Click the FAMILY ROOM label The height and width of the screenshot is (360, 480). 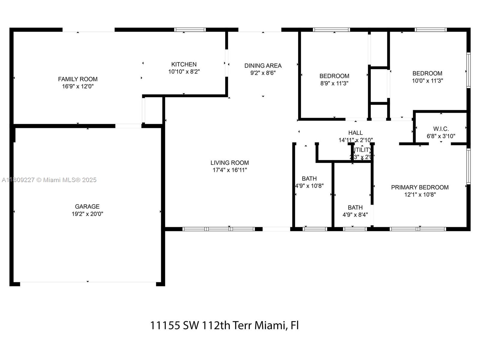click(78, 79)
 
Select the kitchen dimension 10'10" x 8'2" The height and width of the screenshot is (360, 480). click(184, 72)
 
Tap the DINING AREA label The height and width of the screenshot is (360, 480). click(263, 65)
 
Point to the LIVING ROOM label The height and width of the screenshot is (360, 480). click(229, 163)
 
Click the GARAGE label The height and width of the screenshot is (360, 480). click(87, 206)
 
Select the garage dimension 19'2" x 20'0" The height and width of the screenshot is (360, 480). click(87, 214)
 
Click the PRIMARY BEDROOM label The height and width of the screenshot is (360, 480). click(420, 187)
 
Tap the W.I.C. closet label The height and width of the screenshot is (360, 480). click(441, 129)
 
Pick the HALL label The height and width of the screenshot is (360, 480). click(355, 133)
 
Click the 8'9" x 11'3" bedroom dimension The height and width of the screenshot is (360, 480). click(334, 83)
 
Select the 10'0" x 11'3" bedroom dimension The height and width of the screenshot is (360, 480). click(427, 81)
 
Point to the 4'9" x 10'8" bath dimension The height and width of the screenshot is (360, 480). click(309, 186)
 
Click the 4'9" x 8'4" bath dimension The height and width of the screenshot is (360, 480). click(355, 215)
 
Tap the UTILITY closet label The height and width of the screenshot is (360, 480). click(362, 150)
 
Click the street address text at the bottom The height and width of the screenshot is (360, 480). click(224, 325)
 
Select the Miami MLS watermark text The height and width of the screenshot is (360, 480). click(49, 180)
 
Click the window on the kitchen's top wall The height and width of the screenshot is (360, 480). click(190, 30)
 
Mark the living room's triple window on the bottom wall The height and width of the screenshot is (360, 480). click(219, 229)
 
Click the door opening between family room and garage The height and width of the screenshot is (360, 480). click(128, 126)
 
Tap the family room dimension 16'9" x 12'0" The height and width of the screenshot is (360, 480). click(78, 86)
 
